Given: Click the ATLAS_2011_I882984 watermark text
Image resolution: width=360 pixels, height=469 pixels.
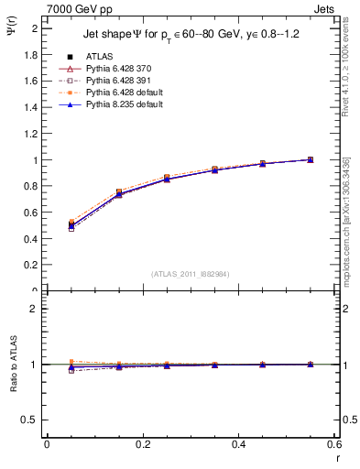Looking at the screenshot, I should [x=191, y=273].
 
